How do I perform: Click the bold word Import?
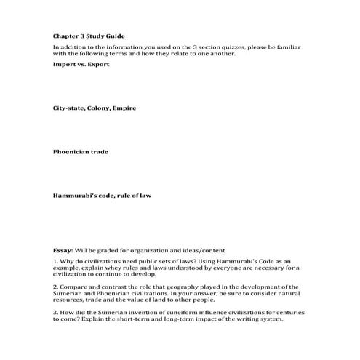coord(65,63)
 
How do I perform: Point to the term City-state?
coord(68,108)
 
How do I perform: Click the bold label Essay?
coord(63,248)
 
